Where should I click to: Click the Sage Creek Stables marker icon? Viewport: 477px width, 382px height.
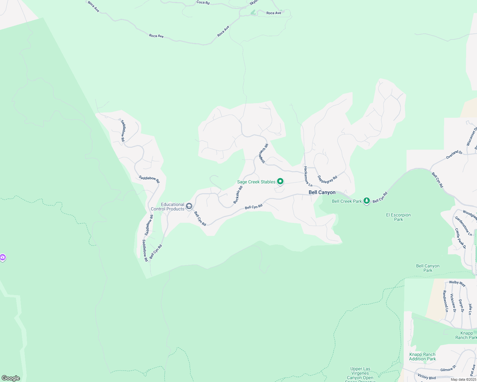(280, 181)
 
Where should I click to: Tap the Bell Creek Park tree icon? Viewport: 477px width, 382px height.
(367, 201)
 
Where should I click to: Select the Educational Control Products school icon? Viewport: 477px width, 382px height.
(189, 207)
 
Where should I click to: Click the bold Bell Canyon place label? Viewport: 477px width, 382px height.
(322, 192)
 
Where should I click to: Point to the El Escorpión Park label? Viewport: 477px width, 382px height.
(398, 217)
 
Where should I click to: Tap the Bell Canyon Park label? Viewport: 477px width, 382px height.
(428, 268)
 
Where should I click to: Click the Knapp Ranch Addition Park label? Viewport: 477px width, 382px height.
(422, 357)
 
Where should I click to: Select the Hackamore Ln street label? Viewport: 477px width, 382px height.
(308, 176)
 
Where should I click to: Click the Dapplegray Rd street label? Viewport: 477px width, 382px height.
(327, 180)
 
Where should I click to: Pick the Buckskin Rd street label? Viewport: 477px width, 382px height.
(238, 195)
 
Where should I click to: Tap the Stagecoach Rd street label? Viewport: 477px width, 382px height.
(263, 154)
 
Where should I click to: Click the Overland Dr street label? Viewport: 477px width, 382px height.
(454, 155)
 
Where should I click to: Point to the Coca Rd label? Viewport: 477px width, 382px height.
(203, 3)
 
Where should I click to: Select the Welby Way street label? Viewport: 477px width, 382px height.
(457, 283)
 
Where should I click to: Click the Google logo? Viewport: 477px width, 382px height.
(11, 378)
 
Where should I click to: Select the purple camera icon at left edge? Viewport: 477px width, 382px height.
(3, 257)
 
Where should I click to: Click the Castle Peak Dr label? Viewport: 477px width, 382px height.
(460, 238)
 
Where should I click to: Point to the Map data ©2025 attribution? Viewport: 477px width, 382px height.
(463, 379)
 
